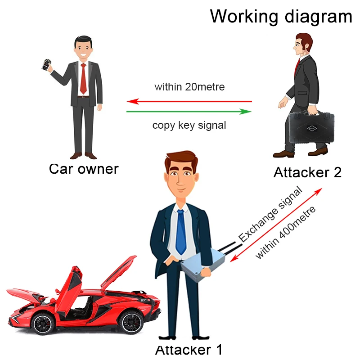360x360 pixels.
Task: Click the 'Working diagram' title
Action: click(281, 16)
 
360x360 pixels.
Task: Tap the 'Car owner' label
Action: click(84, 169)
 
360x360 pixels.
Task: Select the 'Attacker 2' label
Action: click(307, 172)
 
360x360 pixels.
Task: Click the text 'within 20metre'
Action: click(189, 87)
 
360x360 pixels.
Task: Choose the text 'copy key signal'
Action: click(189, 125)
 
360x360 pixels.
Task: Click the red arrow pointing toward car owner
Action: click(189, 102)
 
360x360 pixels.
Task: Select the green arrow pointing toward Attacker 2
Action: click(189, 111)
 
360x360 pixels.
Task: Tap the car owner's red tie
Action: click(83, 79)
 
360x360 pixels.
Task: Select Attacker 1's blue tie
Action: click(181, 232)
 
